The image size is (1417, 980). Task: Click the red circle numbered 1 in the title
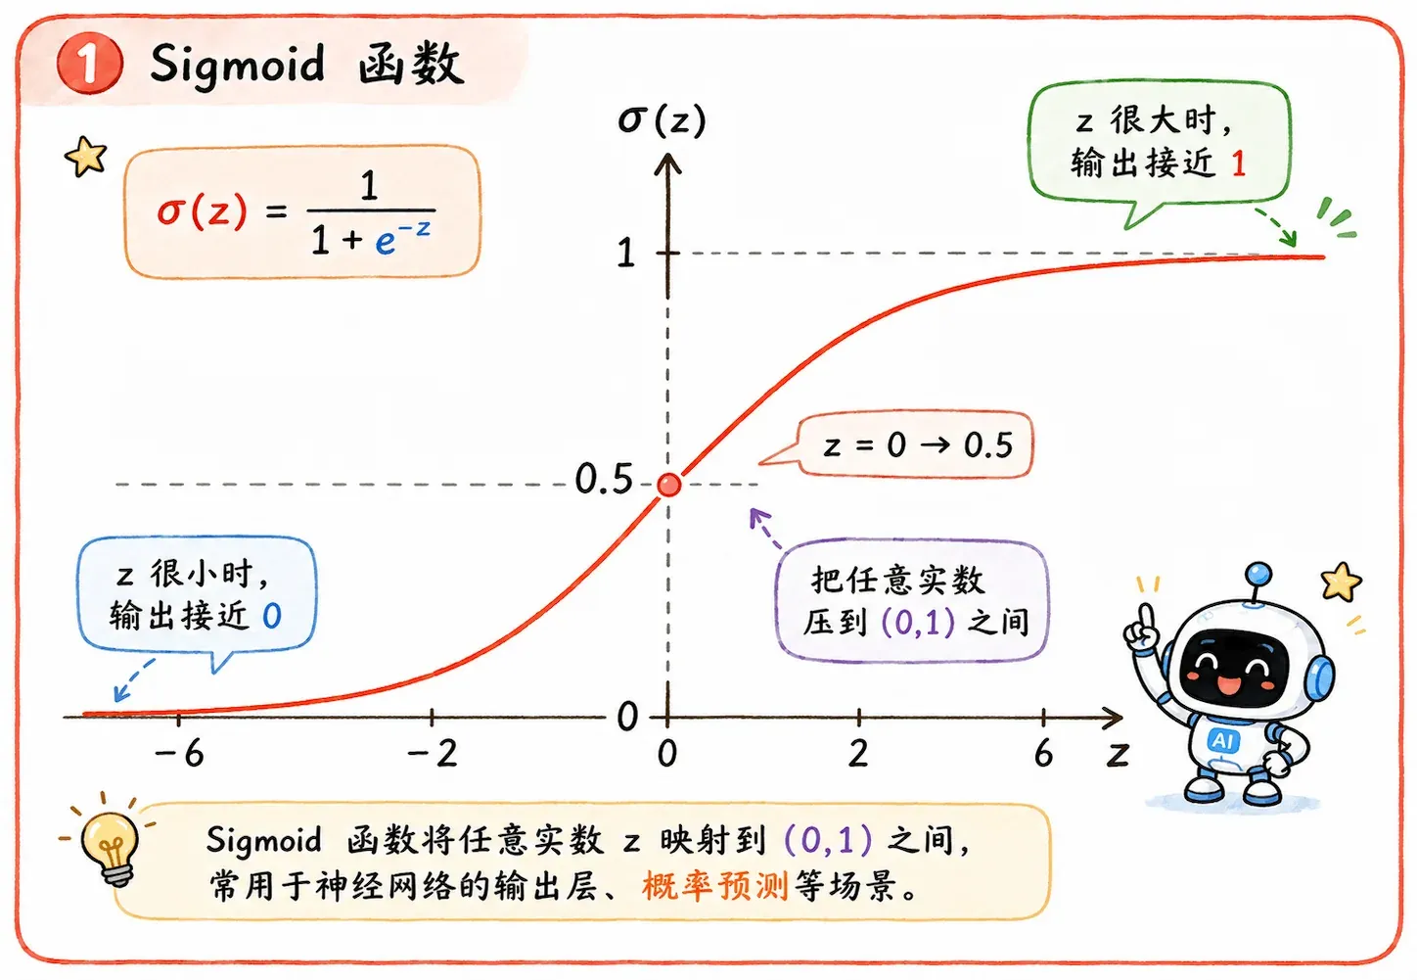[x=90, y=64]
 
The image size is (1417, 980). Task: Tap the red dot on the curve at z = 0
[x=668, y=486]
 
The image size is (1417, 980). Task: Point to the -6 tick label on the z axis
[x=179, y=754]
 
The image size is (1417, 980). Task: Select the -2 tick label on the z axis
[x=433, y=754]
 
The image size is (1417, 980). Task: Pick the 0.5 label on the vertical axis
[x=604, y=479]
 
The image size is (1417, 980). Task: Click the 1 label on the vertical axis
[x=625, y=253]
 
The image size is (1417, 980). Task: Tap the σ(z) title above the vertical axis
[x=662, y=119]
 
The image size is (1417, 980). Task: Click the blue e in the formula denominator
[x=385, y=243]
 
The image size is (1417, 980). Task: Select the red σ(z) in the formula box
[x=202, y=210]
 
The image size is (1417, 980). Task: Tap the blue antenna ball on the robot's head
[x=1258, y=573]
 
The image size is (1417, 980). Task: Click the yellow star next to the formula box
[x=86, y=157]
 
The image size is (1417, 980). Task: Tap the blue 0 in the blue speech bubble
[x=272, y=615]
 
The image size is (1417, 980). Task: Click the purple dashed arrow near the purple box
[x=765, y=529]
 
